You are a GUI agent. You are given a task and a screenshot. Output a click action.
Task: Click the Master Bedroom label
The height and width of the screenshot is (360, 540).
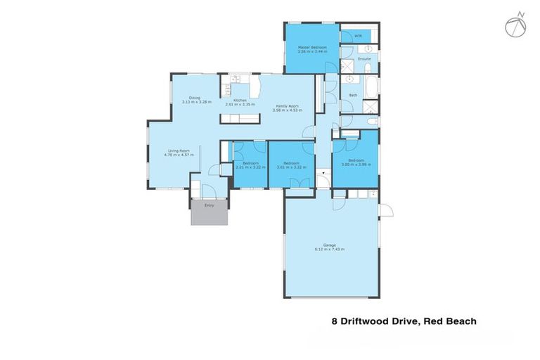[311, 47]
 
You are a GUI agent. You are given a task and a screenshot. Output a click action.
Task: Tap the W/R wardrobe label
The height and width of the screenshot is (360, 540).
[358, 35]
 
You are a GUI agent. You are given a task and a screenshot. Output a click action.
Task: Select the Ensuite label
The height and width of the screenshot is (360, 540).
[364, 58]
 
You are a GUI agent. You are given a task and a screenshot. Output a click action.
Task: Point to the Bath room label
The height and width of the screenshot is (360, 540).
[353, 95]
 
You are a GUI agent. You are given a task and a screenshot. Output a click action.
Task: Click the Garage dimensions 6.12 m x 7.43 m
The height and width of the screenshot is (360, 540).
[330, 250]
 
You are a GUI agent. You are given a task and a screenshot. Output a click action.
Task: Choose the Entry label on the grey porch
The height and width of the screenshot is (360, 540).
[209, 205]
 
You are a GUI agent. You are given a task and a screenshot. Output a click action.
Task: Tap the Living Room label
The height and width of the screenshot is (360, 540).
[179, 150]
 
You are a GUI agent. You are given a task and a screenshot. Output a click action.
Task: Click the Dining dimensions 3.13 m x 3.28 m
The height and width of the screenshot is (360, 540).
[196, 103]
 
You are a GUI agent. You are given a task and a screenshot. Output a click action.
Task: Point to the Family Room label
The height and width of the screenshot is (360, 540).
[287, 105]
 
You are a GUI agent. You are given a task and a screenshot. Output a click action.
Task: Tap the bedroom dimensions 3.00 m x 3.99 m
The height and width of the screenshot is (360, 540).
[356, 164]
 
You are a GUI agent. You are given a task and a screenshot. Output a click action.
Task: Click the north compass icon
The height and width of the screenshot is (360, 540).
[515, 25]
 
